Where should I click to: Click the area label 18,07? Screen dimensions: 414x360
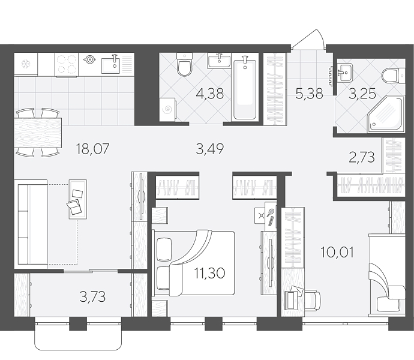point(92,149)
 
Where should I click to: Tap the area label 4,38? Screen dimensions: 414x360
point(210,94)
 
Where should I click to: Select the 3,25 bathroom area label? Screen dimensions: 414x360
point(362,94)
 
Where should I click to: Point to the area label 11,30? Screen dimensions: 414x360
point(209,273)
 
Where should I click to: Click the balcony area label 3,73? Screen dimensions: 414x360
point(92,296)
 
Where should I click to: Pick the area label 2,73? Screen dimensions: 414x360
point(362,157)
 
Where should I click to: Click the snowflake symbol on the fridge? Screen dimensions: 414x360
point(26,64)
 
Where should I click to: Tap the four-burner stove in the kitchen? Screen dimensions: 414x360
point(67,65)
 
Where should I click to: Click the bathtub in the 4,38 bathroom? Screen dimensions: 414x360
point(245,89)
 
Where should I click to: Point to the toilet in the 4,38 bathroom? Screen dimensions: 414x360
point(185,64)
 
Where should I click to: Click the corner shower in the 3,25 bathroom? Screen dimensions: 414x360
point(386,114)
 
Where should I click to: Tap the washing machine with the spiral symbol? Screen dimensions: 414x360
point(167,110)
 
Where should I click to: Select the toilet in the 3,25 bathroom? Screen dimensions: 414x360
point(394,75)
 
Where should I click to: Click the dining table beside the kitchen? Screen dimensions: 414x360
point(38,133)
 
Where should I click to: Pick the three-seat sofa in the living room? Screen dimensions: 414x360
point(31,224)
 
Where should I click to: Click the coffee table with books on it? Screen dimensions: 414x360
point(77,199)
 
